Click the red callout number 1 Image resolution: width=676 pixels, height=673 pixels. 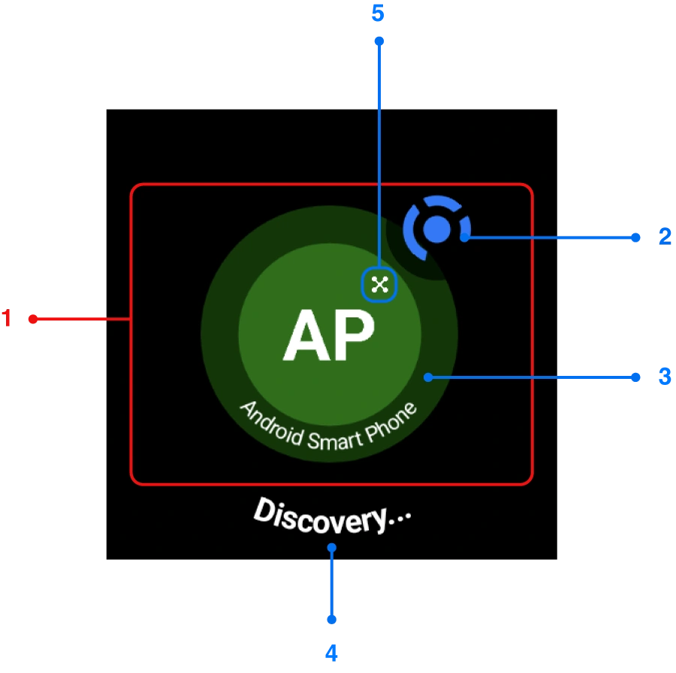[7, 320]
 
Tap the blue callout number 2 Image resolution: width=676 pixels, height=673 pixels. [663, 237]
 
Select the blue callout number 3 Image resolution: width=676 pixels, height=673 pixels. [664, 377]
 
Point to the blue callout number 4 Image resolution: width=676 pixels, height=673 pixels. [332, 653]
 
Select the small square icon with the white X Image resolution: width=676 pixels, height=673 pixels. [379, 284]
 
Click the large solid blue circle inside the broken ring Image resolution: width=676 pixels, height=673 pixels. [436, 229]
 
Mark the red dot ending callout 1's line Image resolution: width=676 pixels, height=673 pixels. [32, 319]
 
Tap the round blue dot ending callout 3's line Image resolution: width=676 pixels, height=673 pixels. [427, 377]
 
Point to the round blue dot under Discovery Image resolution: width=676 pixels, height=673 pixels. [331, 548]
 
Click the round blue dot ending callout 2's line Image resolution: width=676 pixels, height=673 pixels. [465, 237]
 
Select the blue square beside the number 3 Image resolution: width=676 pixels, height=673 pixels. [637, 377]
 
